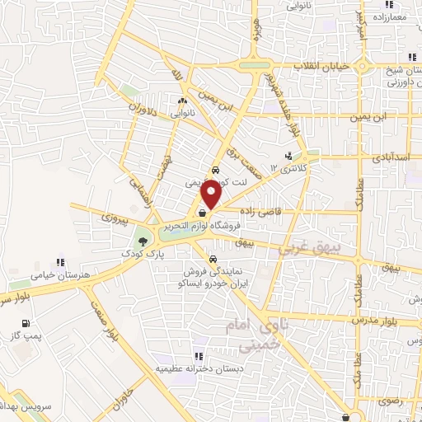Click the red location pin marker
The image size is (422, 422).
[212, 194]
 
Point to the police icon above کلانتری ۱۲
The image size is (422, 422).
[288, 154]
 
